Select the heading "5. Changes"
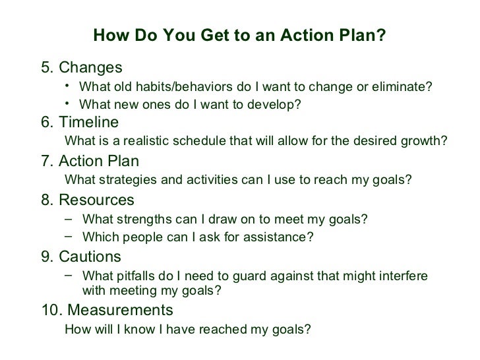click(81, 67)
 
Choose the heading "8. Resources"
click(87, 200)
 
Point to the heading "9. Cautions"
click(81, 256)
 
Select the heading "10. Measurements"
click(107, 309)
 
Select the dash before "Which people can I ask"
click(70, 236)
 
